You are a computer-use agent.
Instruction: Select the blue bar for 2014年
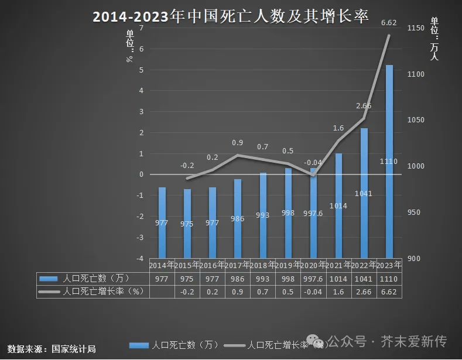[x=162, y=222]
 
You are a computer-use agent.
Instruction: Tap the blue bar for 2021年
[x=338, y=205]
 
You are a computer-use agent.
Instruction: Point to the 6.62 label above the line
[x=389, y=23]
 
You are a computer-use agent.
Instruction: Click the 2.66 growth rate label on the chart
[x=364, y=106]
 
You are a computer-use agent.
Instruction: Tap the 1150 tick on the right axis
[x=416, y=28]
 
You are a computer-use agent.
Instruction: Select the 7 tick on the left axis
[x=141, y=29]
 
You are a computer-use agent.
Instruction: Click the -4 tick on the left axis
[x=139, y=259]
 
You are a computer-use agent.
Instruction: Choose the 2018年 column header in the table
[x=263, y=265]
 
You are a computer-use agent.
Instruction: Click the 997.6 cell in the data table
[x=313, y=279]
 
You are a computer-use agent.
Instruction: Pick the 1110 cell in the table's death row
[x=389, y=279]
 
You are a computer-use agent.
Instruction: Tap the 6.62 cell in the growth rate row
[x=389, y=292]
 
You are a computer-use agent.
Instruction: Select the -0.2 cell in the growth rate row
[x=187, y=292]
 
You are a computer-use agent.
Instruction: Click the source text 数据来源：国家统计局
[x=52, y=349]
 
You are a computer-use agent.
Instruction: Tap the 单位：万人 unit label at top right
[x=434, y=39]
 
